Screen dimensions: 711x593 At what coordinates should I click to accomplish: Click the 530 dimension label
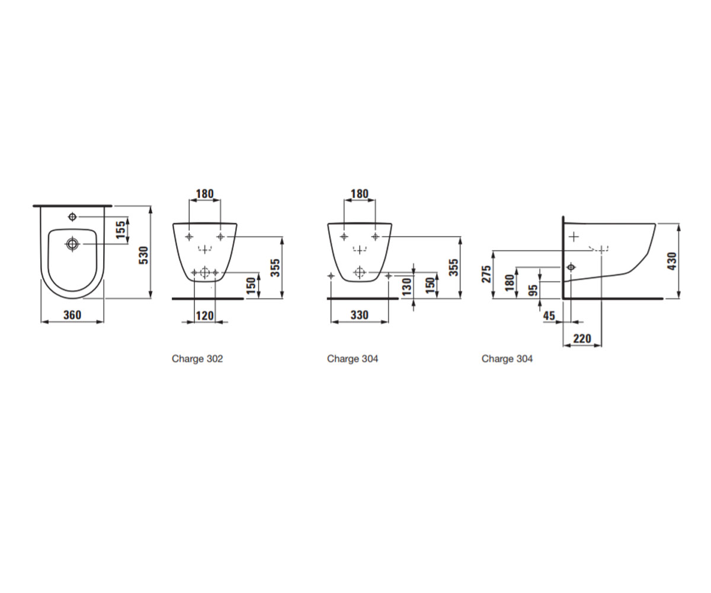pyautogui.click(x=145, y=255)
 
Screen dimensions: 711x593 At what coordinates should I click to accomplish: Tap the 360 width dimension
pyautogui.click(x=72, y=315)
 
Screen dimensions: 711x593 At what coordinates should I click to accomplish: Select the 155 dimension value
pyautogui.click(x=120, y=230)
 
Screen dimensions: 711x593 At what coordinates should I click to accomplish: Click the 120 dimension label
pyautogui.click(x=204, y=315)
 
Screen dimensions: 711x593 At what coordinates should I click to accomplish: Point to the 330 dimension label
pyautogui.click(x=360, y=315)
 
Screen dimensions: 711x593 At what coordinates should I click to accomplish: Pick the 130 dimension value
pyautogui.click(x=406, y=286)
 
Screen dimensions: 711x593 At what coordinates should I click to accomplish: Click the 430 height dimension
pyautogui.click(x=672, y=261)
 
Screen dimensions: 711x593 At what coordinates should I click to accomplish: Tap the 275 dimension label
pyautogui.click(x=486, y=274)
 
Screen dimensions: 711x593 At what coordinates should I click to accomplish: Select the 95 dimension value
pyautogui.click(x=534, y=290)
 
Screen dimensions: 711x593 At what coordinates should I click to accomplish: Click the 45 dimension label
pyautogui.click(x=549, y=316)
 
